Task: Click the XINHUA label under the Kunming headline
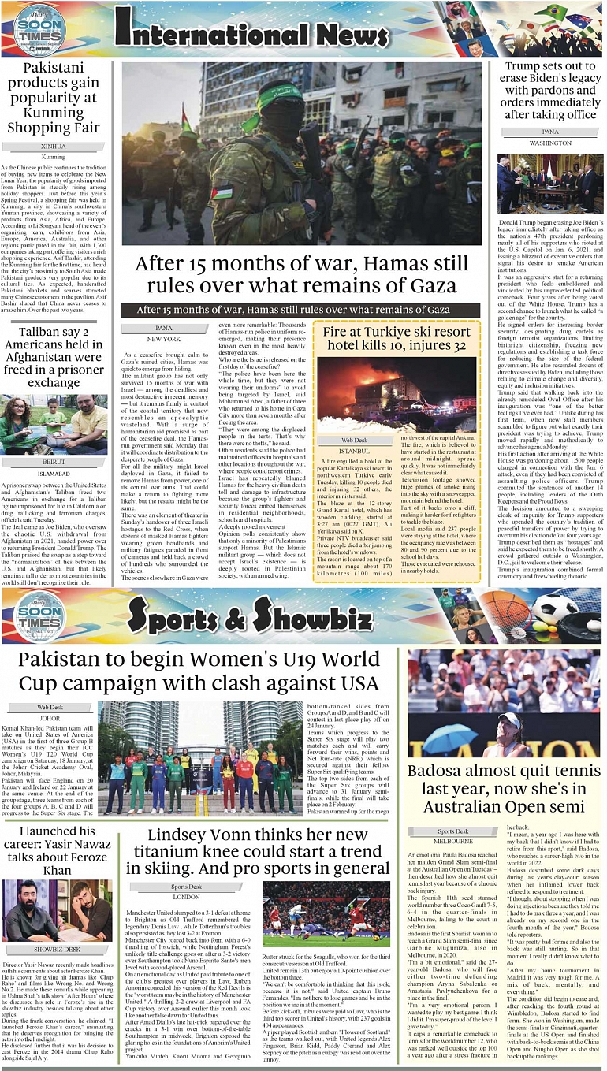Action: (x=54, y=147)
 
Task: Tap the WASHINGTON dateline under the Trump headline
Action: (x=550, y=143)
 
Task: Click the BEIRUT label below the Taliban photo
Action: (x=54, y=462)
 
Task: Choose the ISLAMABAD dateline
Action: (x=54, y=474)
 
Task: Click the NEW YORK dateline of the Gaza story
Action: (x=163, y=338)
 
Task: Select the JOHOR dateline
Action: (x=49, y=718)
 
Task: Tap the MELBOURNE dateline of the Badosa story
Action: (x=453, y=841)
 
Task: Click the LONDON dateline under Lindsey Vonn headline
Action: (x=186, y=897)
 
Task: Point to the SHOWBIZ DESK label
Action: (x=57, y=949)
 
